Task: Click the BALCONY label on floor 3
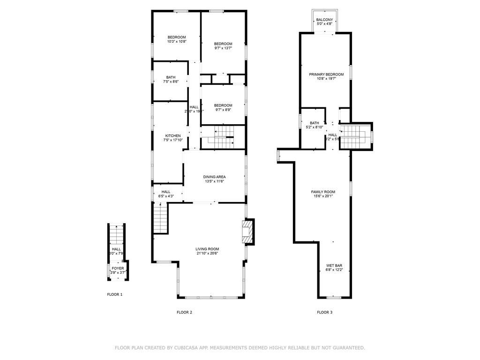324,20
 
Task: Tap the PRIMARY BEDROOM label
326,75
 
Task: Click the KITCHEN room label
159,136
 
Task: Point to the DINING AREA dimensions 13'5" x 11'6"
214,181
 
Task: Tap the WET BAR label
334,266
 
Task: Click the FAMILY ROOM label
323,192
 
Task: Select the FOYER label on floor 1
118,269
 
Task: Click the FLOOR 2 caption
184,312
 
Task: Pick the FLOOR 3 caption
324,312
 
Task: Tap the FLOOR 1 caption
114,294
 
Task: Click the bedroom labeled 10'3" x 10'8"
177,37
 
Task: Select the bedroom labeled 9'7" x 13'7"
223,44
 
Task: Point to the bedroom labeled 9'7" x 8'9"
223,105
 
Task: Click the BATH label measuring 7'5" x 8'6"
171,77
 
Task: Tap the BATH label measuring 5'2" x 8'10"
314,123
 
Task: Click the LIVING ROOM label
207,249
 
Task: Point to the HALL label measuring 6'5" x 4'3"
166,192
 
